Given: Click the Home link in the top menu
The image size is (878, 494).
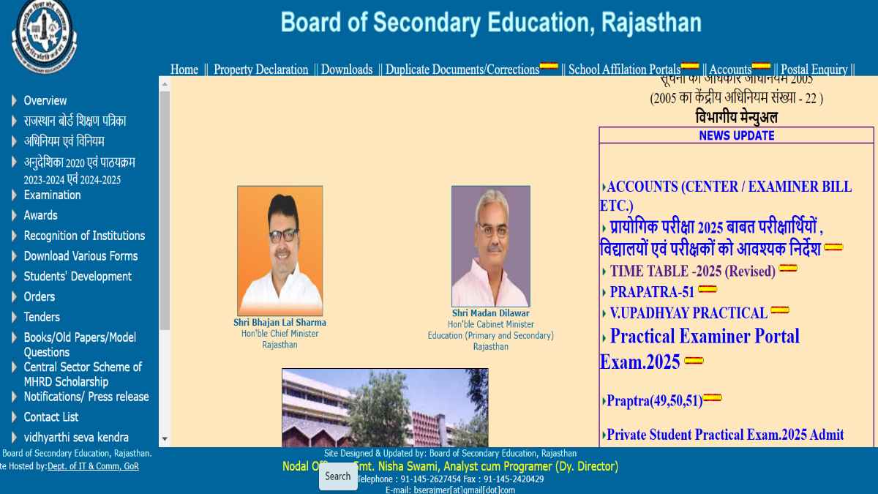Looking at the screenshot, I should coord(184,70).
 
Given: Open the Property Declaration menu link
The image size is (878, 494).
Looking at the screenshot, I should coord(260,70).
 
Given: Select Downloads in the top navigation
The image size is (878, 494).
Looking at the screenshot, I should coord(347,70).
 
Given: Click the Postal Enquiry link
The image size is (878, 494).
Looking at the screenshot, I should coord(814,70).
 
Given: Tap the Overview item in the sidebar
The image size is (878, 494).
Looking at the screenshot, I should coord(45,101).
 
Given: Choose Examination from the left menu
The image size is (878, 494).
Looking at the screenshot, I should coord(52,195).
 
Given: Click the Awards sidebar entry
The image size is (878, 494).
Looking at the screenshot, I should coord(40,215).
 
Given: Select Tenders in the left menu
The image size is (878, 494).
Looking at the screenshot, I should coord(42,317).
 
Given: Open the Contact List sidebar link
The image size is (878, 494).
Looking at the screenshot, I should coord(50,417).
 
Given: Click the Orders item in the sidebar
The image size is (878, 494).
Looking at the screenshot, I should coord(39,296).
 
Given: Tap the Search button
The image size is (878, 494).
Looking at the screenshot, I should coord(338,476).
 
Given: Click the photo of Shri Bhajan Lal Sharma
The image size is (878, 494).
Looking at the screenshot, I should coord(279,250).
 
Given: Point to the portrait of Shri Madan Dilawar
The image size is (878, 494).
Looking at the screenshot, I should coord(490,246).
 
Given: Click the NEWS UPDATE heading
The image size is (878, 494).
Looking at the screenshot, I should coord(736,135).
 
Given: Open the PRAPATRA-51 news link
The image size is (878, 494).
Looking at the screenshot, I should coord(652,292).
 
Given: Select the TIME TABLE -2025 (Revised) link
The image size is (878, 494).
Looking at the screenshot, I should coord(692,272).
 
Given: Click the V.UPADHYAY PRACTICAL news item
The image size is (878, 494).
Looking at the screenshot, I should coord(688,313).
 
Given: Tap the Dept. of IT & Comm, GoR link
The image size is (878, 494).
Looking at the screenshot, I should coord(93,466).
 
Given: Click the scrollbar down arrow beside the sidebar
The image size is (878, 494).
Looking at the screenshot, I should coord(165,439).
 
